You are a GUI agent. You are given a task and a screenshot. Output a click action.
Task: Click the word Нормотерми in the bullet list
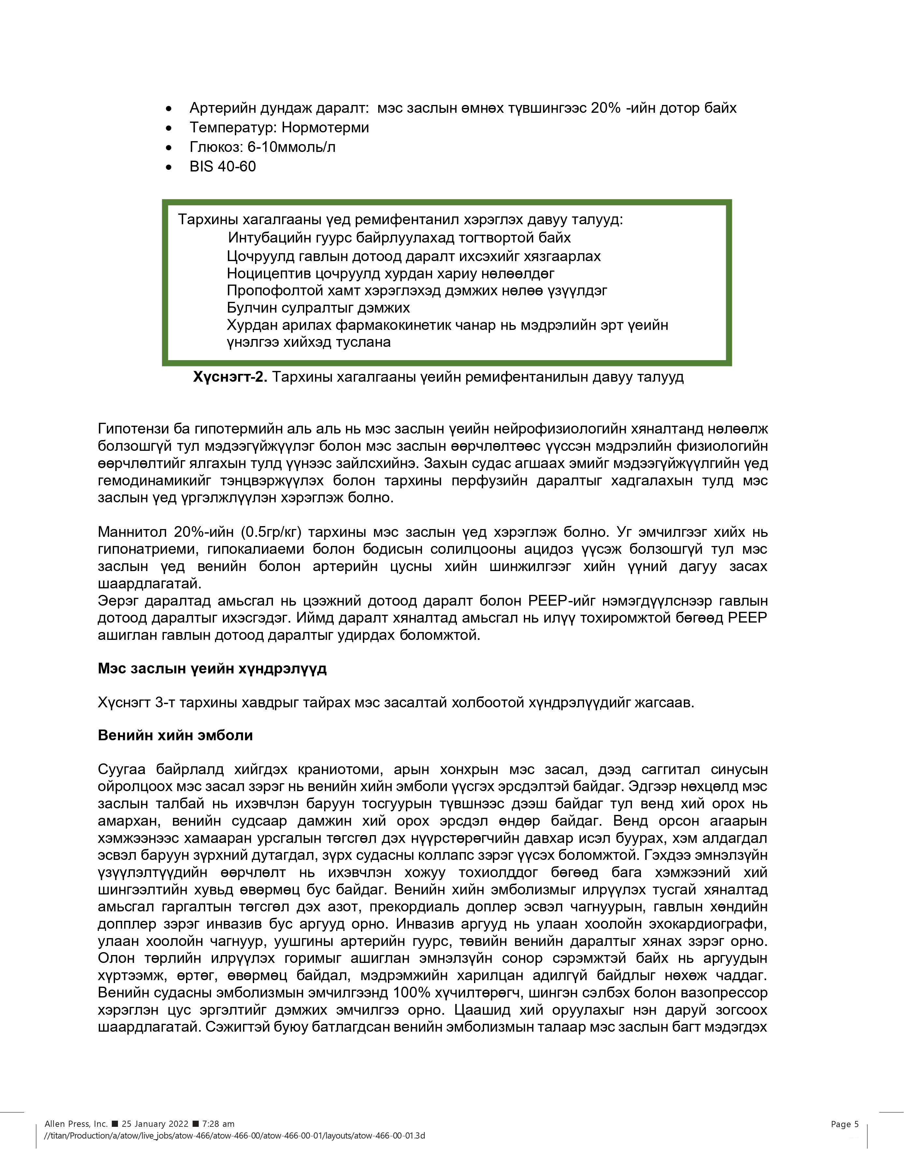click(x=325, y=127)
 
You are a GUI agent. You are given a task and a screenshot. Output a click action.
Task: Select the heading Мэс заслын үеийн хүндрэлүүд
click(x=212, y=669)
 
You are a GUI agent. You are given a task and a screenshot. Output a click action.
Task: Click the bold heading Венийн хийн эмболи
click(x=175, y=735)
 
